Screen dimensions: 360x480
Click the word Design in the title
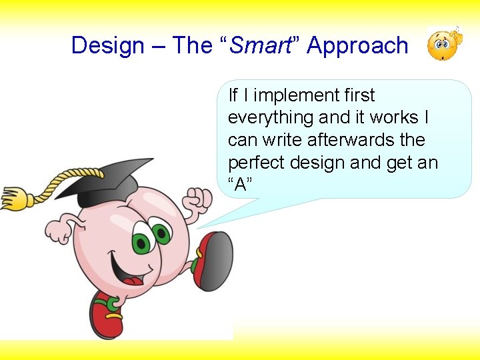[108, 46]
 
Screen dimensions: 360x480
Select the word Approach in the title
[357, 46]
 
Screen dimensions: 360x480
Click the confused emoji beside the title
[442, 45]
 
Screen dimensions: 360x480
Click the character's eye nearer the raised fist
[161, 234]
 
